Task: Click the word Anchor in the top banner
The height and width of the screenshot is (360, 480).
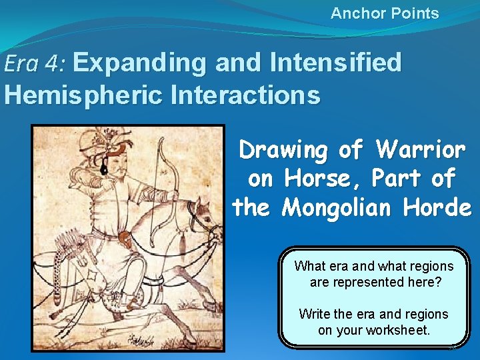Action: pos(353,13)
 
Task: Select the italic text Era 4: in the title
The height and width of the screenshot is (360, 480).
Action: pos(35,63)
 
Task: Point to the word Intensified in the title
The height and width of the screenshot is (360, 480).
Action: pos(336,63)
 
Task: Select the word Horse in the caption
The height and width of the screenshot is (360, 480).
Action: pos(313,179)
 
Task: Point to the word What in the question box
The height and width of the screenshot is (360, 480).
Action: pos(310,266)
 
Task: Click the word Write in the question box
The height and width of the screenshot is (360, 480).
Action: pos(314,314)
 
